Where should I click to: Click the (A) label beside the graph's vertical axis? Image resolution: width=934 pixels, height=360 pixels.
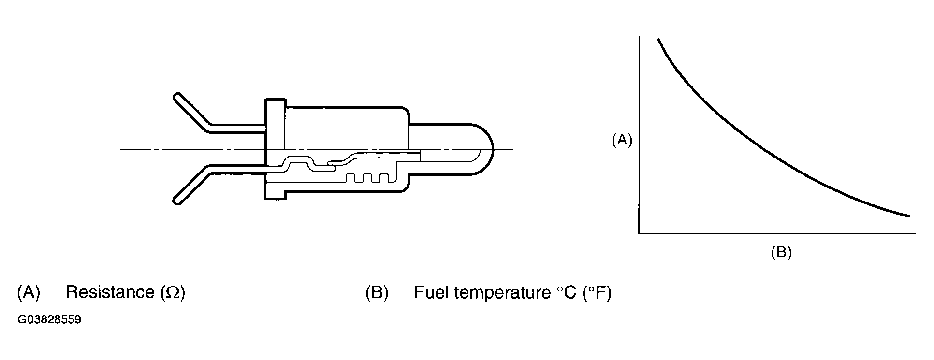tap(622, 140)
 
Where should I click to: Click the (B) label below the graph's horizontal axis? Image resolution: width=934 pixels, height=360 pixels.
tap(781, 252)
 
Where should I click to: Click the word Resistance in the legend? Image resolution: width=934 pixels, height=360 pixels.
tap(110, 292)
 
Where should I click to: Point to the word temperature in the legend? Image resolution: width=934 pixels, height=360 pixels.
tap(500, 293)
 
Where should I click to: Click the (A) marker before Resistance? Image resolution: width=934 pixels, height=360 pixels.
tap(29, 292)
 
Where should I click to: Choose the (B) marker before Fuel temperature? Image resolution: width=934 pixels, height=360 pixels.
tap(377, 292)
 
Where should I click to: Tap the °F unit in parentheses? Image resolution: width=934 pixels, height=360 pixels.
tap(597, 292)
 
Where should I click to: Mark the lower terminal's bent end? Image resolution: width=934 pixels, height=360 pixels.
tap(178, 200)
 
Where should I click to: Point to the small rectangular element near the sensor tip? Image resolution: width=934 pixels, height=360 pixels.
tap(429, 156)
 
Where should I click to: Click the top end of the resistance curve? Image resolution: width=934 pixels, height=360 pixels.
tap(658, 39)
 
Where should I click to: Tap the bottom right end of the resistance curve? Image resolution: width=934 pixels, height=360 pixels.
tap(909, 216)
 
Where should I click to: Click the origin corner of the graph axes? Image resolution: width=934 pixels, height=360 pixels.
tap(639, 233)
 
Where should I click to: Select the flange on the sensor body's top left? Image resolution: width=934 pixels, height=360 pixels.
tap(276, 106)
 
